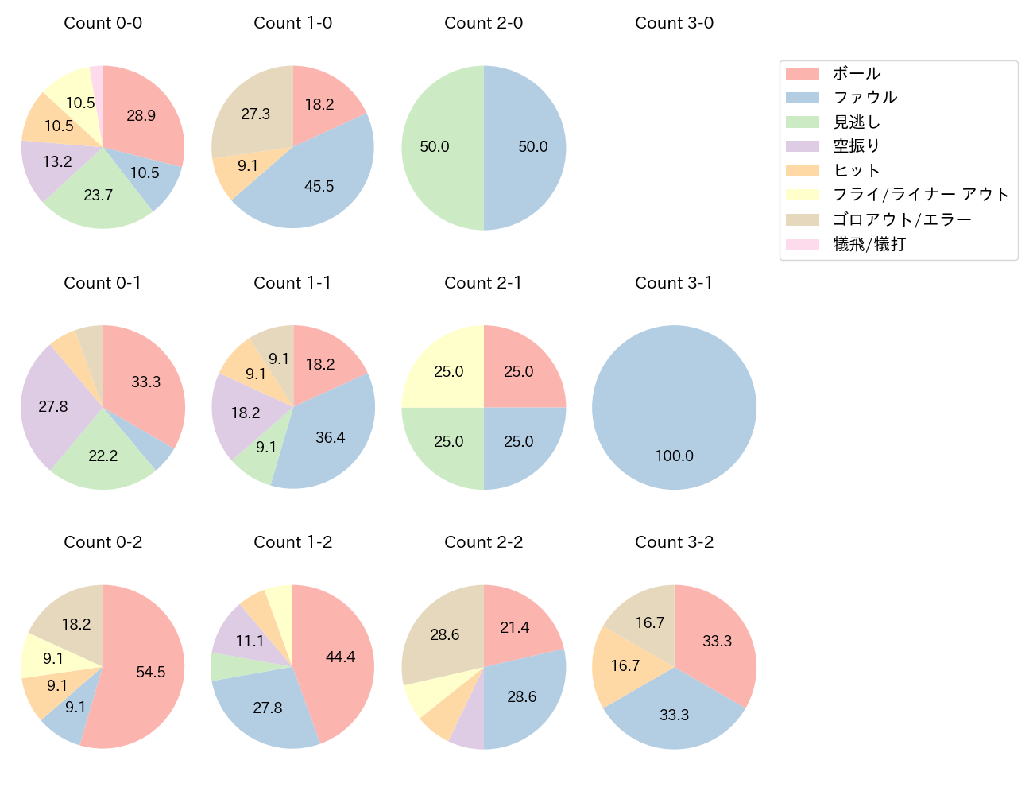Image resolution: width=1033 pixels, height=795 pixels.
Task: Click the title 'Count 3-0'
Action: pos(674,23)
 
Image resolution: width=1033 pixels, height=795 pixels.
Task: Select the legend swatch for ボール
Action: pos(802,73)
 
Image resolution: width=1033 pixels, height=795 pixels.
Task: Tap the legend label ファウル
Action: pos(865,97)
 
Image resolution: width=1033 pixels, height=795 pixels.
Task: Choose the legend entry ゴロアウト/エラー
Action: pos(902,219)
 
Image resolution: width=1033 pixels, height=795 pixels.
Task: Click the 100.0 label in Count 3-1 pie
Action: pos(674,456)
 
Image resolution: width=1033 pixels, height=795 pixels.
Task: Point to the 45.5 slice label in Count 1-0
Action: pos(319,186)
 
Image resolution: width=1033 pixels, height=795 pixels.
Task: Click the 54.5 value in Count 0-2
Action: pos(150,672)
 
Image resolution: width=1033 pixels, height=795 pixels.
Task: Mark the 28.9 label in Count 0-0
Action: pos(141,115)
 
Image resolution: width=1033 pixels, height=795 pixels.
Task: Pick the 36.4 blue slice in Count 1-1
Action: pos(330,437)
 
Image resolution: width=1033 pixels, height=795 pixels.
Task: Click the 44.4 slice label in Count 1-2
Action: pos(340,657)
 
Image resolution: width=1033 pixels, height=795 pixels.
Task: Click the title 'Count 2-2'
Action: pos(483,542)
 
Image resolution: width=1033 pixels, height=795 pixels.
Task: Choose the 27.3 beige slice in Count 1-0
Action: pos(255,114)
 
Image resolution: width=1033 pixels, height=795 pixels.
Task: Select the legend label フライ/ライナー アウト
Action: pos(920,195)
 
